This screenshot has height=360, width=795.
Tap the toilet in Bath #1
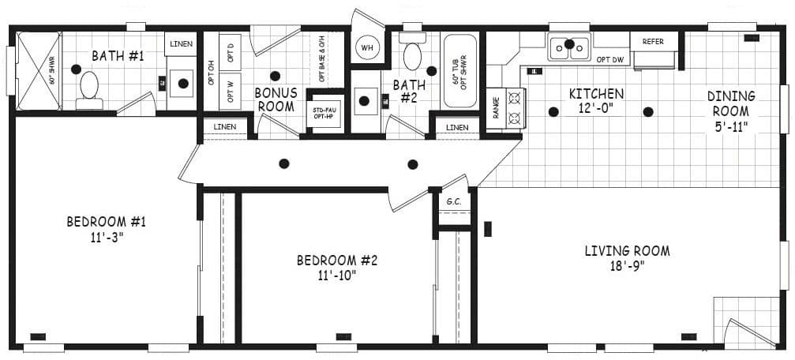(x=89, y=86)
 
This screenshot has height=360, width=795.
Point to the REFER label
(x=653, y=41)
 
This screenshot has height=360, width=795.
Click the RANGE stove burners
(x=515, y=107)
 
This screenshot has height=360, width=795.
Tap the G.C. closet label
(x=453, y=201)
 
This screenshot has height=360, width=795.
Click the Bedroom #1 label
(x=106, y=221)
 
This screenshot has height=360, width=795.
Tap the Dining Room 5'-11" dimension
(x=730, y=126)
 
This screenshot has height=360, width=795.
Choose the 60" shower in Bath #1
(x=38, y=70)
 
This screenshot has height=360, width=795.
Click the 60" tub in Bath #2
(x=459, y=70)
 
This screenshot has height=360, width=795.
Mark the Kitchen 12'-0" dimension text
(x=596, y=109)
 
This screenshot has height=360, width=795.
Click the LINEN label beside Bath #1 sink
(x=181, y=43)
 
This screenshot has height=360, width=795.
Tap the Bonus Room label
(x=276, y=99)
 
